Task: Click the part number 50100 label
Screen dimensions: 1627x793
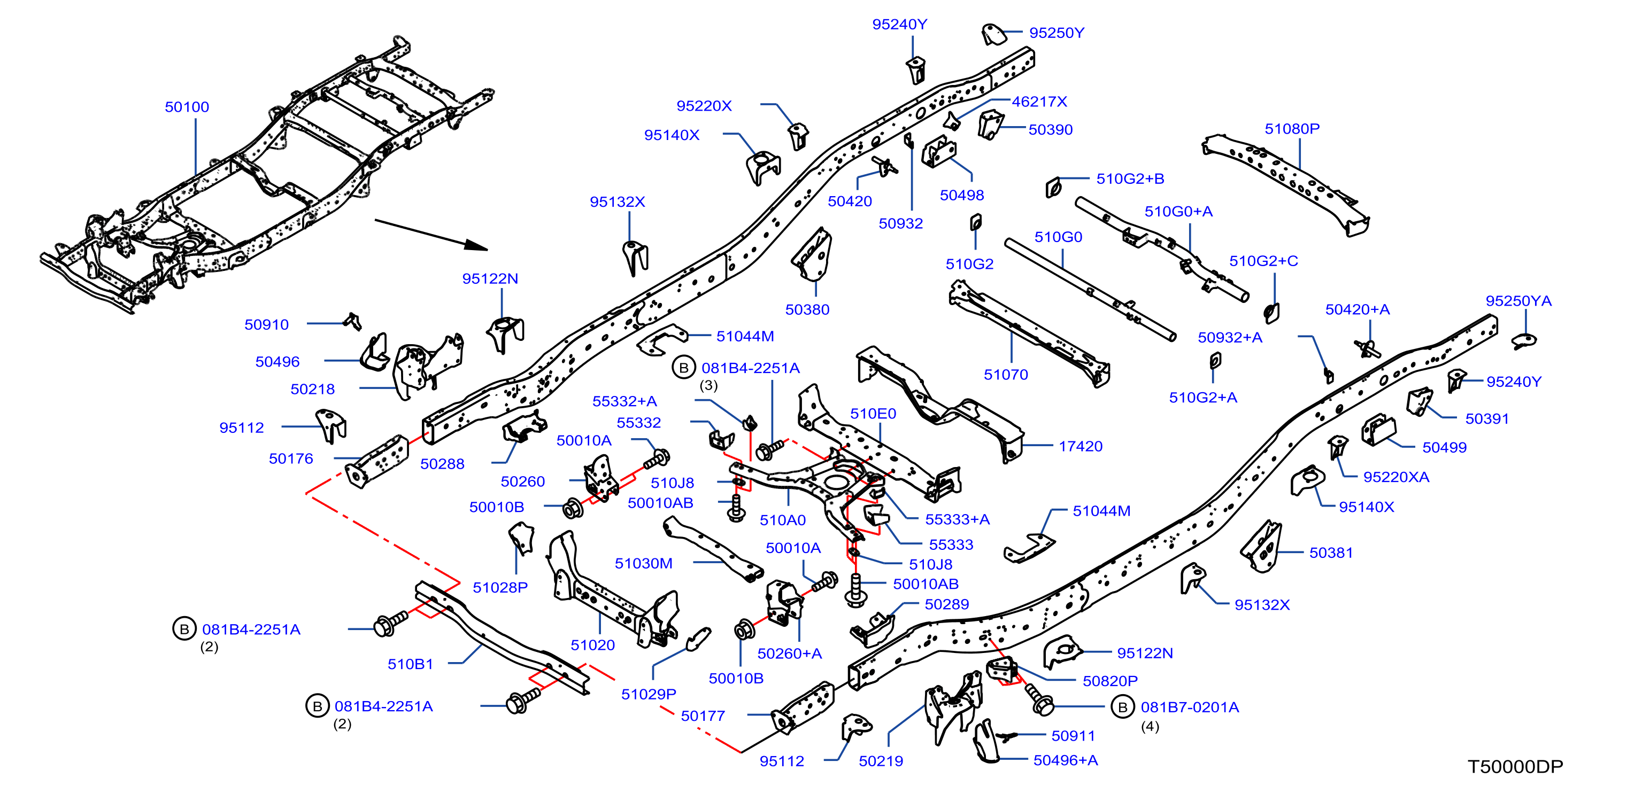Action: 187,107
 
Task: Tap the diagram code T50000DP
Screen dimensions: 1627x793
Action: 1515,766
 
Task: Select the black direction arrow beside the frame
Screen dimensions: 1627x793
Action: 431,235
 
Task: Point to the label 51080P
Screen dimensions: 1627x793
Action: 1292,129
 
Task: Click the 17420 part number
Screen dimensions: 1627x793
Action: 1081,446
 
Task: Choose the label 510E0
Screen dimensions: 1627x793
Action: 873,414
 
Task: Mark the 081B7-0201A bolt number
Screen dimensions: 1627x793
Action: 1190,707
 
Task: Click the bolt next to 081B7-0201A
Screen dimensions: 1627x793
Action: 1038,699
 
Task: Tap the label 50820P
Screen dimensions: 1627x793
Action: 1111,681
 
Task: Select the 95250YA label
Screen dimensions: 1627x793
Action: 1518,301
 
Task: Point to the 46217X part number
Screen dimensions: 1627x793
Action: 1039,102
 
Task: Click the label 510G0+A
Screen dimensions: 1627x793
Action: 1178,212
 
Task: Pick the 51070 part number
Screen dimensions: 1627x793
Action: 1006,375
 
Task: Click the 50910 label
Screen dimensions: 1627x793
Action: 267,324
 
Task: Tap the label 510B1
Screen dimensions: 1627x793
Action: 411,664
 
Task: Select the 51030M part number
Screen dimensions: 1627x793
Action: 644,563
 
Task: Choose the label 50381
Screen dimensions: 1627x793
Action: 1331,553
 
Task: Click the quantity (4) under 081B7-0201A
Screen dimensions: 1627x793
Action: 1150,727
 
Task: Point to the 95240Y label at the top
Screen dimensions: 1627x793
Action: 900,25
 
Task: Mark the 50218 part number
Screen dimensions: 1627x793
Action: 313,390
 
